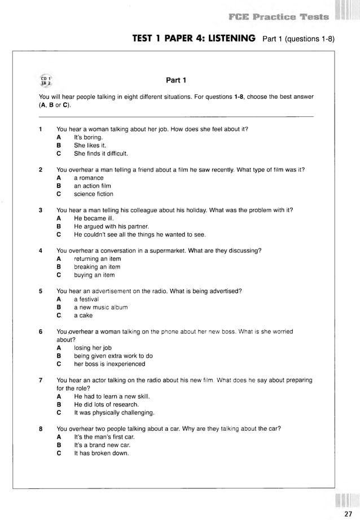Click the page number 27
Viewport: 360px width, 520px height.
click(347, 513)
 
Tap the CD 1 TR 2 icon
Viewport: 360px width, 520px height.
click(46, 80)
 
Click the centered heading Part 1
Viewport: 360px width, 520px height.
click(175, 80)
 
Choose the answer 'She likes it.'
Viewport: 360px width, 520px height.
click(90, 145)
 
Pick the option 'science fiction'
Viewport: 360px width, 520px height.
click(93, 194)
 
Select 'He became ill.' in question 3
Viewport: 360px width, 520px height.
click(93, 218)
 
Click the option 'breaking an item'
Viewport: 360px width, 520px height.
click(96, 267)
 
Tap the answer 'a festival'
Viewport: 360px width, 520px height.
click(86, 299)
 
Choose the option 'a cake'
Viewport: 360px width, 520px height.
click(84, 316)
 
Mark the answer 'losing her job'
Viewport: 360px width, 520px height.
click(93, 348)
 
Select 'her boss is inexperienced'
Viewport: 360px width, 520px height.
click(109, 364)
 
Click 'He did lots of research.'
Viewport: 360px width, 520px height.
click(106, 405)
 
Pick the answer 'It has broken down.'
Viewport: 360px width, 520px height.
click(102, 453)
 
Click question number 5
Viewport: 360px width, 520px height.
click(41, 291)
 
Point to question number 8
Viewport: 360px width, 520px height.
click(41, 429)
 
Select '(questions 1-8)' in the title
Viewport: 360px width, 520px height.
click(307, 39)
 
